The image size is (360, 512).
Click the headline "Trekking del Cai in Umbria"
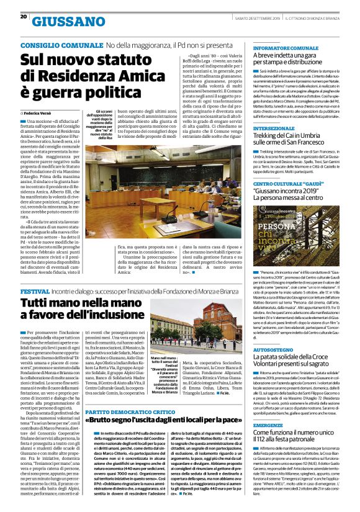click(292, 140)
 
